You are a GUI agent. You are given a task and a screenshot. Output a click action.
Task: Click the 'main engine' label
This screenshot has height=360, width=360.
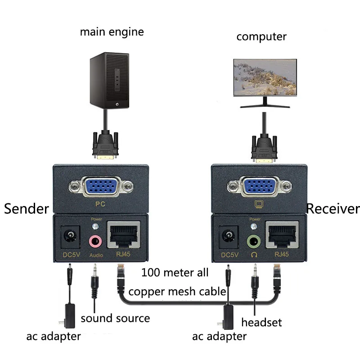pyautogui.click(x=112, y=32)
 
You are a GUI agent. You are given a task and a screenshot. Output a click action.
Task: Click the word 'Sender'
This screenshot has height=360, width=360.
pyautogui.click(x=26, y=208)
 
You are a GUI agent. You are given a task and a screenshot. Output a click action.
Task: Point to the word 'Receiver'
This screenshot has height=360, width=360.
pyautogui.click(x=333, y=208)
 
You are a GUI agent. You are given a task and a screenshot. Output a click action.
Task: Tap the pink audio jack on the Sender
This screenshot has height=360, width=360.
pyautogui.click(x=95, y=241)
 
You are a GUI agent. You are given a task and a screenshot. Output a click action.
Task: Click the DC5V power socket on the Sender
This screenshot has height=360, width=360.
pyautogui.click(x=71, y=236)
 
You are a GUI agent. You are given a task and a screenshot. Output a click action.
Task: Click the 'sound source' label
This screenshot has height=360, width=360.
pyautogui.click(x=115, y=319)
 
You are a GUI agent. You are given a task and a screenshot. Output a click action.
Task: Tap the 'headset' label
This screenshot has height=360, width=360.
pyautogui.click(x=261, y=322)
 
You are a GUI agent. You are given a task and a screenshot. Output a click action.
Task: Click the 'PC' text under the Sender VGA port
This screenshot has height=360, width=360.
pyautogui.click(x=102, y=204)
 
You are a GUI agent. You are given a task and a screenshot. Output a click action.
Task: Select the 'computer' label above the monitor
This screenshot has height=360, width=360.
pyautogui.click(x=261, y=36)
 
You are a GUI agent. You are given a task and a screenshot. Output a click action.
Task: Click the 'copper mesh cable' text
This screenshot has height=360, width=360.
pyautogui.click(x=177, y=291)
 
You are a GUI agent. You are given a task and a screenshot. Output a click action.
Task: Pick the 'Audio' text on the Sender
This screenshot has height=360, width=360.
pyautogui.click(x=96, y=255)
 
